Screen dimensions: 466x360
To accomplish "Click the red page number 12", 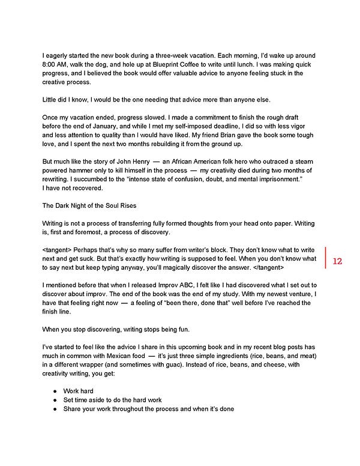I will pyautogui.click(x=336, y=261).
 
